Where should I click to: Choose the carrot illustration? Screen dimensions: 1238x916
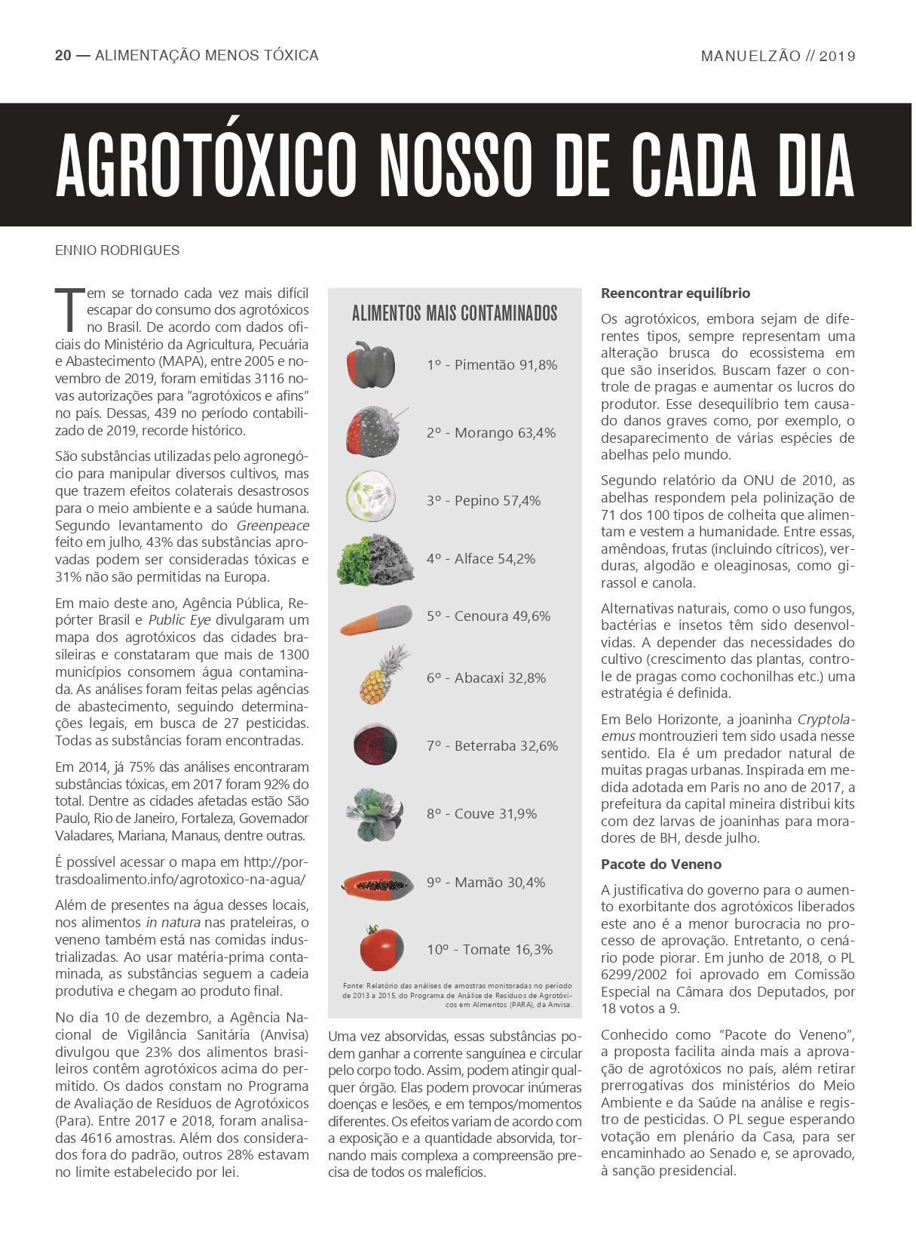click(376, 617)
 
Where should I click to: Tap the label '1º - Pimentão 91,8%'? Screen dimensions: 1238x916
click(492, 365)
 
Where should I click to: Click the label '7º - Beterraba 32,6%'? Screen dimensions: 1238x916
click(492, 746)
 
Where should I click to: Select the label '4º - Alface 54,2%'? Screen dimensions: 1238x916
click(480, 559)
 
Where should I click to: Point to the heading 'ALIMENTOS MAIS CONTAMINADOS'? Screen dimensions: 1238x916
click(455, 313)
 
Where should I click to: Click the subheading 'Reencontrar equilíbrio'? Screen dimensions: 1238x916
click(675, 293)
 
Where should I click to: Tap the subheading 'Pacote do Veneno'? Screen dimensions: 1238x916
click(660, 865)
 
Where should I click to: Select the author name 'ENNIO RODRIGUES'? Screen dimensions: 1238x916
click(118, 250)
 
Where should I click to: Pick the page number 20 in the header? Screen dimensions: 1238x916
click(63, 55)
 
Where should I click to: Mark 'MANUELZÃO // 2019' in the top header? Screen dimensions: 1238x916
click(777, 56)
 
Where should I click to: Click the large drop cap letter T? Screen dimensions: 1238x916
click(68, 309)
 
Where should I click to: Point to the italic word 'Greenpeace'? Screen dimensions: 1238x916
click(273, 526)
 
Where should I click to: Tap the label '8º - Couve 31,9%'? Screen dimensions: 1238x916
click(481, 814)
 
